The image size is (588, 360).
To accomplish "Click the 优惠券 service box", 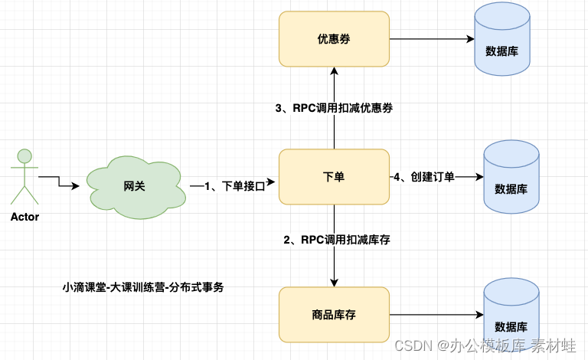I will tap(334, 38).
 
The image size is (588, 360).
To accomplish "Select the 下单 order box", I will tap(334, 177).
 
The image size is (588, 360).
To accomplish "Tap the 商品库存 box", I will tap(334, 314).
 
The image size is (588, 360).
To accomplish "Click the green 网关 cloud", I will tap(135, 185).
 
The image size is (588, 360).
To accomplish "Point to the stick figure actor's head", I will tap(24, 156).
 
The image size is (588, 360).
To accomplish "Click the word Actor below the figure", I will tap(24, 217).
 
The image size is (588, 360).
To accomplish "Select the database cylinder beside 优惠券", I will tap(501, 41).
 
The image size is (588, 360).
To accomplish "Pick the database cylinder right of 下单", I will tap(511, 179).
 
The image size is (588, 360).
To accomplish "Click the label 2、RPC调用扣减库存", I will tap(337, 240).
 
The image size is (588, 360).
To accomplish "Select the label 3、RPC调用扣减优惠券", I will tap(334, 108).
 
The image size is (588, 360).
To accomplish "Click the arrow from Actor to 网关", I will tap(61, 182).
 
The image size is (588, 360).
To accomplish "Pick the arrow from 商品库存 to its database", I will tap(436, 314).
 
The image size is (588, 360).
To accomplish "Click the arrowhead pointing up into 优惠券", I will tap(334, 71).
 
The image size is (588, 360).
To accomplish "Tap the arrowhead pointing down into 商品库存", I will tap(334, 282).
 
